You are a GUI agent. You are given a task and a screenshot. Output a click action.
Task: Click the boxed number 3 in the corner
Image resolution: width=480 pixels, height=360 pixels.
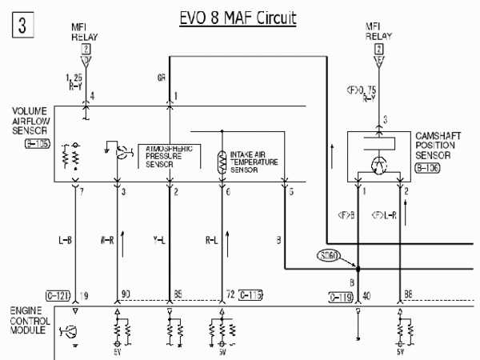point(22,25)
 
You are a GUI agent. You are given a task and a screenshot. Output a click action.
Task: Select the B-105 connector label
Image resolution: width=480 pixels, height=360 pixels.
point(37,145)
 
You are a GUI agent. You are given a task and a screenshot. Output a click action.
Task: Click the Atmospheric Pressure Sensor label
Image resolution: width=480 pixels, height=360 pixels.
point(171,158)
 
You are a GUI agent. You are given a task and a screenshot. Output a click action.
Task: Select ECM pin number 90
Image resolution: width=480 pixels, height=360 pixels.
point(125,296)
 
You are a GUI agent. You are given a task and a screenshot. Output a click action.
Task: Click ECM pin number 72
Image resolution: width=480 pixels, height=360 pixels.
point(230,296)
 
